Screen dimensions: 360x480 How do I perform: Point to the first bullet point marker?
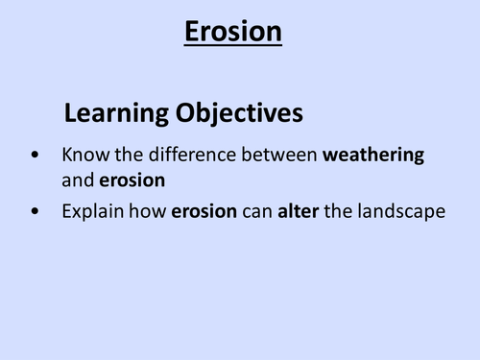(36, 155)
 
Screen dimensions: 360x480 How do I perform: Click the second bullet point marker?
(36, 212)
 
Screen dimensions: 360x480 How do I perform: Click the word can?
(257, 212)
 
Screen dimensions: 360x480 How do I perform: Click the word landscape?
(402, 212)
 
